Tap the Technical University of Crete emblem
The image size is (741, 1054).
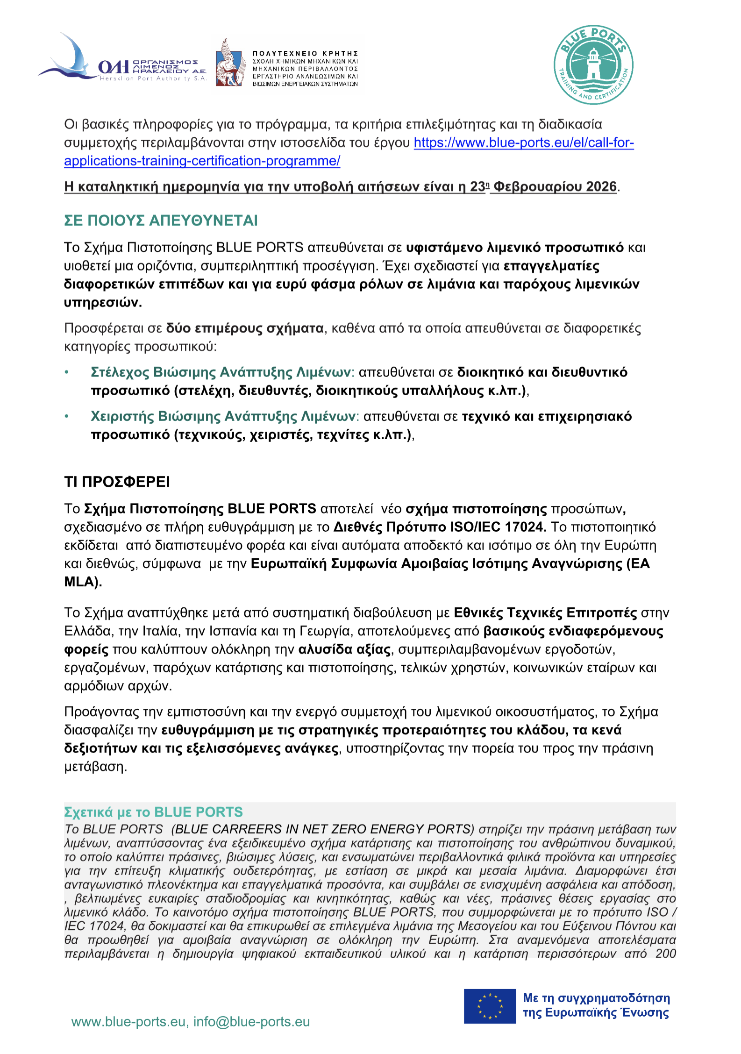tap(230, 63)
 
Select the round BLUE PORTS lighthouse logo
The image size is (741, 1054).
tap(593, 64)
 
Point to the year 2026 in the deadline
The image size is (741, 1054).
tap(601, 187)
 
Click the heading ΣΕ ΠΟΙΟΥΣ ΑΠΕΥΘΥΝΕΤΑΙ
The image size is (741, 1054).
tap(161, 221)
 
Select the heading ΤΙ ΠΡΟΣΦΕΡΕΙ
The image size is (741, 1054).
tap(117, 482)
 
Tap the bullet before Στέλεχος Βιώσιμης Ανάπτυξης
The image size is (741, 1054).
tap(67, 372)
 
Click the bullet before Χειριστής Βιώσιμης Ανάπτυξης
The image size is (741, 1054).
tap(67, 416)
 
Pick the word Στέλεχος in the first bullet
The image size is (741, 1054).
tap(120, 372)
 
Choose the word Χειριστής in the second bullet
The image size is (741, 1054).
tap(122, 416)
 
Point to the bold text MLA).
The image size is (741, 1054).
tap(83, 582)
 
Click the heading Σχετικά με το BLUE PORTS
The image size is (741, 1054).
tap(153, 812)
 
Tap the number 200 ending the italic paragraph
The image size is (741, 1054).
tap(665, 954)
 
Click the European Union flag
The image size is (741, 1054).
tap(490, 1006)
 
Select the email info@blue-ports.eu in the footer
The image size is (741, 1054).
tap(251, 1022)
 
